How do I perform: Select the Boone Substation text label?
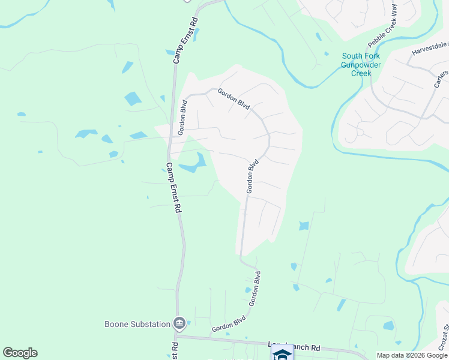point(137,324)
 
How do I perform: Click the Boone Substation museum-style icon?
point(179,324)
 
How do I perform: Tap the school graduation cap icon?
point(282,354)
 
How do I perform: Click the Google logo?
point(20,353)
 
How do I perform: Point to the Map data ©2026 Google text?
point(411,355)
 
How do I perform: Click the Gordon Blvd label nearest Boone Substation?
point(229,325)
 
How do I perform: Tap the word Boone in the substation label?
point(118,324)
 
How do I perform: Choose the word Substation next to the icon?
point(151,324)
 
